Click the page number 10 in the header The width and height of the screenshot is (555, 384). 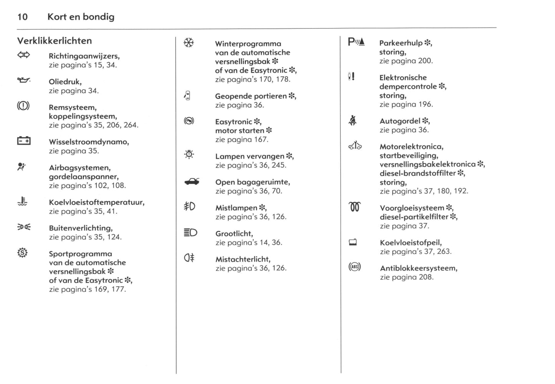(x=22, y=17)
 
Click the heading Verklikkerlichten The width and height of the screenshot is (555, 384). (x=55, y=41)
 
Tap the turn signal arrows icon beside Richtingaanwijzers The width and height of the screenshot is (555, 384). (x=23, y=55)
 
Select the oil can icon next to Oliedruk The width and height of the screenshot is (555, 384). (x=23, y=80)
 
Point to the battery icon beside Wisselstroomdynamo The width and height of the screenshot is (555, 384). (x=24, y=141)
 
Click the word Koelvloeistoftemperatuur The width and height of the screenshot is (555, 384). (x=96, y=202)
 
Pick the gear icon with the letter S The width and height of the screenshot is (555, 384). (x=23, y=253)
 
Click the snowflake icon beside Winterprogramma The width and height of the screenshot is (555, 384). (x=189, y=43)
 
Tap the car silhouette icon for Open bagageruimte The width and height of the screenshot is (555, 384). (x=192, y=182)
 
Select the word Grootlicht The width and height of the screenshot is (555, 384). (x=234, y=234)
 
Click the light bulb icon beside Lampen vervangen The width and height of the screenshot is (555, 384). (x=189, y=155)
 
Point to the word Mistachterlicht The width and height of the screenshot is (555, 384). (x=243, y=259)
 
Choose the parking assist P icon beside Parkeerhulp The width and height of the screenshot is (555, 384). (x=356, y=42)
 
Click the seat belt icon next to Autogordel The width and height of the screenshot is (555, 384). (x=353, y=121)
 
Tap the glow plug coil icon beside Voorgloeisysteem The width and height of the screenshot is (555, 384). (x=355, y=207)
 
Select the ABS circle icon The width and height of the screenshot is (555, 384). (x=355, y=267)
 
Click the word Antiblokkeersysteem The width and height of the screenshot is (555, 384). (x=418, y=268)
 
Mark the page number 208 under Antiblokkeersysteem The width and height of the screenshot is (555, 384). (x=426, y=277)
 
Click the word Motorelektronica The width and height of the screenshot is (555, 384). (x=411, y=147)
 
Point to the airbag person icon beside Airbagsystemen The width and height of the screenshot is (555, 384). (x=22, y=167)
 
